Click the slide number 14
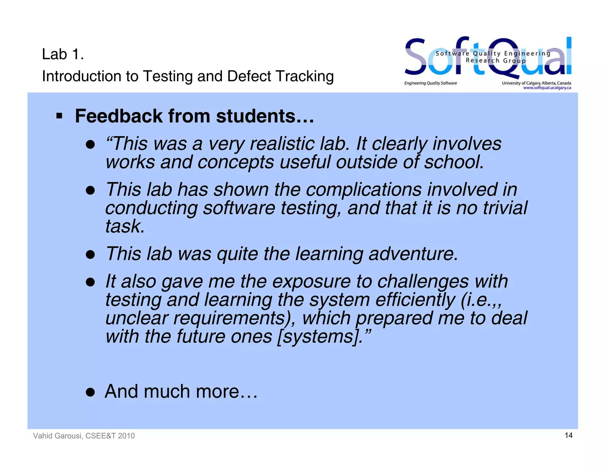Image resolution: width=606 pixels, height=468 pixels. point(568,435)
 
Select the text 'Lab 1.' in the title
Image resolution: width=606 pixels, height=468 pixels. point(63,54)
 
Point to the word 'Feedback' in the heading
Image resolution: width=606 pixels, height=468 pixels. point(119,116)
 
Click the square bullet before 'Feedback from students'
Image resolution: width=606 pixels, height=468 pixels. point(59,116)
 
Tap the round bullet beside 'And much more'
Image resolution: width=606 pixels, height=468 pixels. point(90,392)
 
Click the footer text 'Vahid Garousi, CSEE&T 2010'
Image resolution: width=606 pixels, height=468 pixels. point(84,436)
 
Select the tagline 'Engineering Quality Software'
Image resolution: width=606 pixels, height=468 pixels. point(431,83)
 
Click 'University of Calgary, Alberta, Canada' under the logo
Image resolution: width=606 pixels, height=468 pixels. point(536,83)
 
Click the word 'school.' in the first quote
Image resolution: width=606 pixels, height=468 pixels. point(454,162)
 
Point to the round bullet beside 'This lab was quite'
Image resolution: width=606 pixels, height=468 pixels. point(90,255)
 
